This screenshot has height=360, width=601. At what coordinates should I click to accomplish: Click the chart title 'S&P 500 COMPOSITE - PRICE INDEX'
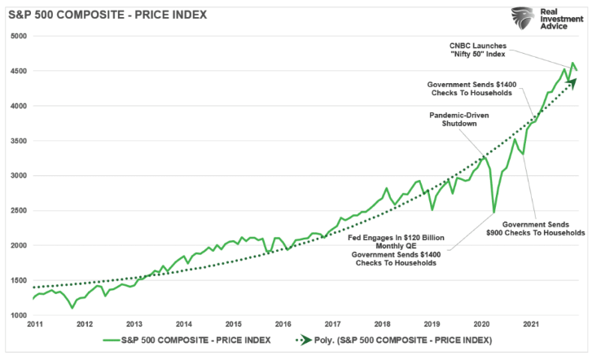pyautogui.click(x=107, y=15)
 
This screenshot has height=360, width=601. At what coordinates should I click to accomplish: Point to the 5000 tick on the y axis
pyautogui.click(x=17, y=36)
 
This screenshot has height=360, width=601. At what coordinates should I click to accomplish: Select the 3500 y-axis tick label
pyautogui.click(x=17, y=141)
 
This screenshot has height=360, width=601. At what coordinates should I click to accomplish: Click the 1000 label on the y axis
pyautogui.click(x=17, y=315)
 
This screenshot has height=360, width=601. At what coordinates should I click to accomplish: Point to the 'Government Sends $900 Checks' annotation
pyautogui.click(x=543, y=227)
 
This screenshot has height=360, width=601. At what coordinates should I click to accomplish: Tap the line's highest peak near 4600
pyautogui.click(x=572, y=63)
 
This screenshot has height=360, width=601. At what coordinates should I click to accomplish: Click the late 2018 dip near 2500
pyautogui.click(x=432, y=209)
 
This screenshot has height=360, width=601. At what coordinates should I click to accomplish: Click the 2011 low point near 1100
pyautogui.click(x=72, y=308)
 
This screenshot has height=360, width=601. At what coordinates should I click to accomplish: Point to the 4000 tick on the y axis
pyautogui.click(x=17, y=106)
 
